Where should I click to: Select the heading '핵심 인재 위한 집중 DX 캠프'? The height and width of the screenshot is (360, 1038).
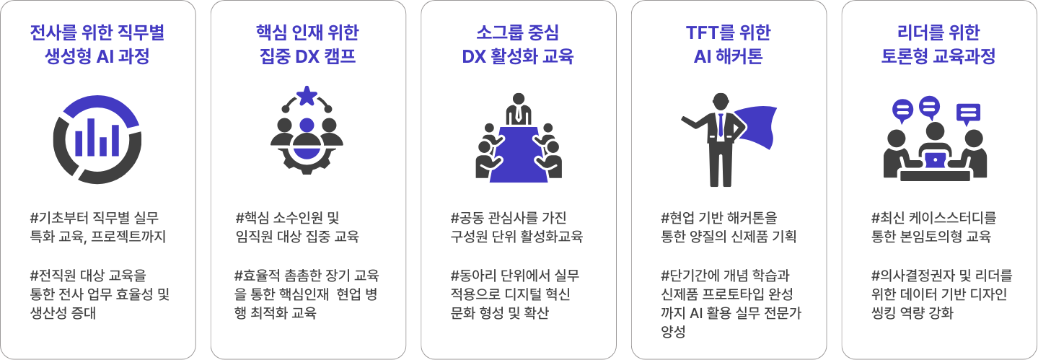pos(307,44)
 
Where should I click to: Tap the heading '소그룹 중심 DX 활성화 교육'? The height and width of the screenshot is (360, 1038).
pos(518,44)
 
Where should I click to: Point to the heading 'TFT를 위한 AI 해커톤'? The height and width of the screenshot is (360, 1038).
pos(728,44)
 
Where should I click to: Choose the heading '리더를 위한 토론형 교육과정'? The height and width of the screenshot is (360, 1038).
pos(938,44)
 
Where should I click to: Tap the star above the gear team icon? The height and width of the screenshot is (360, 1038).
pos(307,94)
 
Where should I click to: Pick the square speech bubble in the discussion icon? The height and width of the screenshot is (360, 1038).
pos(968,113)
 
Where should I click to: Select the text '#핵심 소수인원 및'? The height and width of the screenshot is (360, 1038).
pos(286,217)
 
